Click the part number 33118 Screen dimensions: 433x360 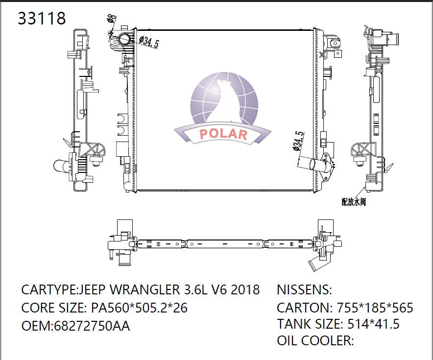click(x=42, y=18)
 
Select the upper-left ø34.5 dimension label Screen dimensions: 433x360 click(x=149, y=42)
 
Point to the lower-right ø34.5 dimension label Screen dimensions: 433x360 click(x=298, y=141)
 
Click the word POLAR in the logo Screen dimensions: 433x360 click(x=223, y=134)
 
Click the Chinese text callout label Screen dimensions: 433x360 click(x=354, y=202)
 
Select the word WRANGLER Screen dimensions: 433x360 click(x=144, y=289)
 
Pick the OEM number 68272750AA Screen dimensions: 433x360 click(x=92, y=326)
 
